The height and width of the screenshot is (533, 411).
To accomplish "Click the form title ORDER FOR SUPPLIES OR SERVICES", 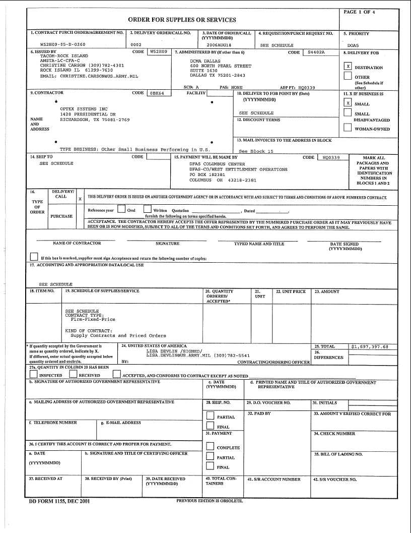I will click(182, 20).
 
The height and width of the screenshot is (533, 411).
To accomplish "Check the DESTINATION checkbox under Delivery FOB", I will click(348, 66).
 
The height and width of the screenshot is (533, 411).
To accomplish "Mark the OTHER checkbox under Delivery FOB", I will click(348, 76).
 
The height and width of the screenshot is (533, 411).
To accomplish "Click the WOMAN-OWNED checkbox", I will click(348, 128).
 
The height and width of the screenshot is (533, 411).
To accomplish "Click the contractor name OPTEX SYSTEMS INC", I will click(84, 109).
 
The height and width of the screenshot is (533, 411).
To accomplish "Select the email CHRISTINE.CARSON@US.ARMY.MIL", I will click(89, 76).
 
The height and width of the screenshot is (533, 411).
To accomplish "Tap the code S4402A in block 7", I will click(316, 52).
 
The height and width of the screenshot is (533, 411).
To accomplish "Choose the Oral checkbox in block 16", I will click(121, 209).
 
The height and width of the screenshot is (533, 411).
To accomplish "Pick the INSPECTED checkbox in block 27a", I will click(34, 374).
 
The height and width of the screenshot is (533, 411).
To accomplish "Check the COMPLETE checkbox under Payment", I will click(211, 446).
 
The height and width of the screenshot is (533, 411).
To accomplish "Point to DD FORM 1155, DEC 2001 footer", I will click(60, 502).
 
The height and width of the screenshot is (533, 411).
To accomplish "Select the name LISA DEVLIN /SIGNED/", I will click(174, 351).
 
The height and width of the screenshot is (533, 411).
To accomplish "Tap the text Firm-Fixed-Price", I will click(93, 319).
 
